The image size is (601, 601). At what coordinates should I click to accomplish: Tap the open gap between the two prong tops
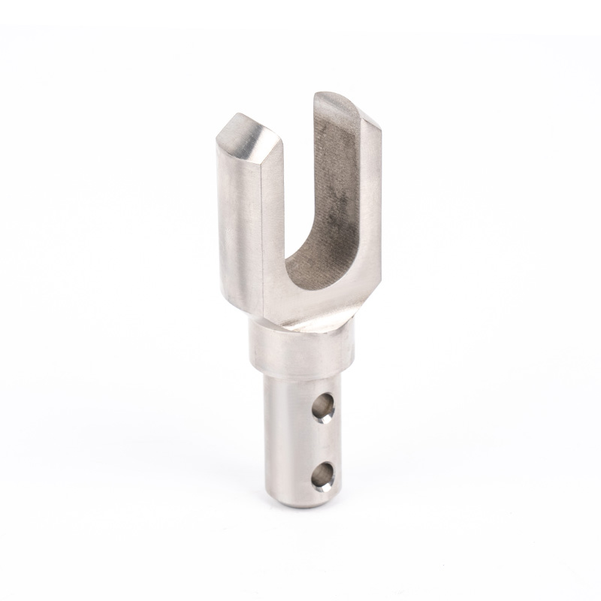(297, 128)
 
